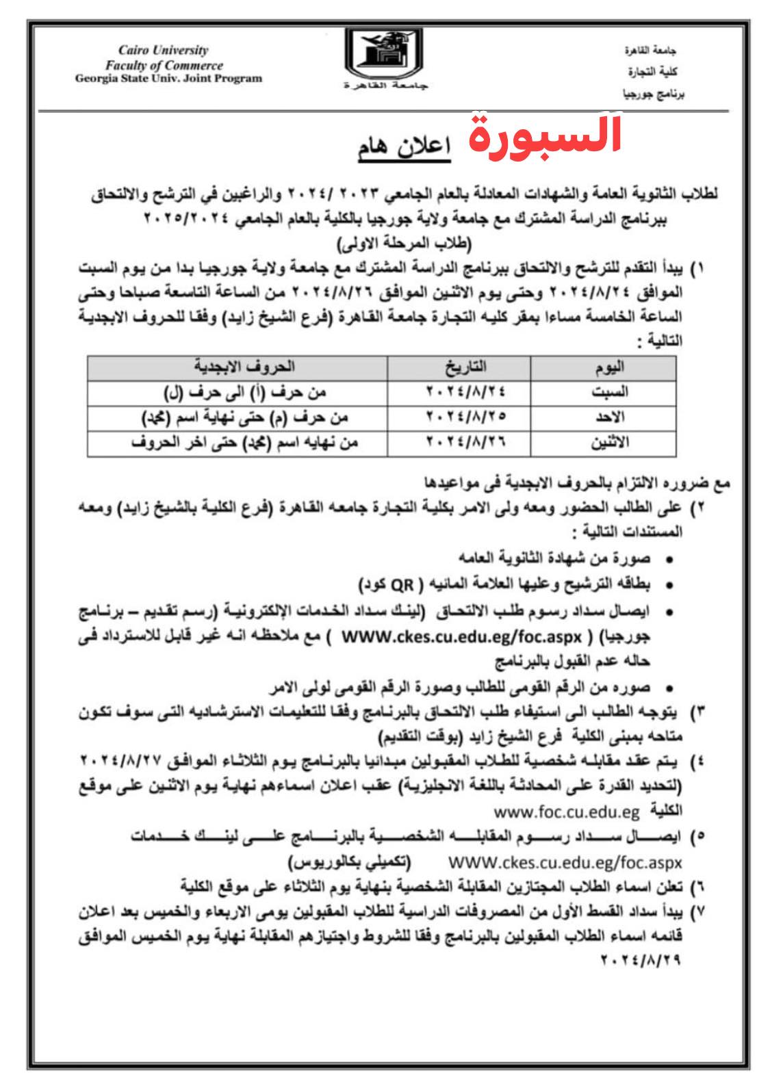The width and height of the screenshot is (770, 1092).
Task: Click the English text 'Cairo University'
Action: tap(163, 51)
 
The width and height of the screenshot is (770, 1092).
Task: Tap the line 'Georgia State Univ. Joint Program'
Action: tap(168, 78)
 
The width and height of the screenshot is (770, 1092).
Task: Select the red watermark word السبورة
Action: tap(546, 134)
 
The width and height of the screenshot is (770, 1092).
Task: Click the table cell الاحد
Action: tap(611, 417)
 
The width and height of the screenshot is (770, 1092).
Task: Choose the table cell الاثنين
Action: tap(609, 443)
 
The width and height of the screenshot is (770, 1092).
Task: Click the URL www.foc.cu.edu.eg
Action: tap(566, 812)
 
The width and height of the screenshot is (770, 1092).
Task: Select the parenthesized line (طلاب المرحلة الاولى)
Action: tap(408, 243)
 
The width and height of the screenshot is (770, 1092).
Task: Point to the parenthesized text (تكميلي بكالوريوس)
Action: tap(349, 860)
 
